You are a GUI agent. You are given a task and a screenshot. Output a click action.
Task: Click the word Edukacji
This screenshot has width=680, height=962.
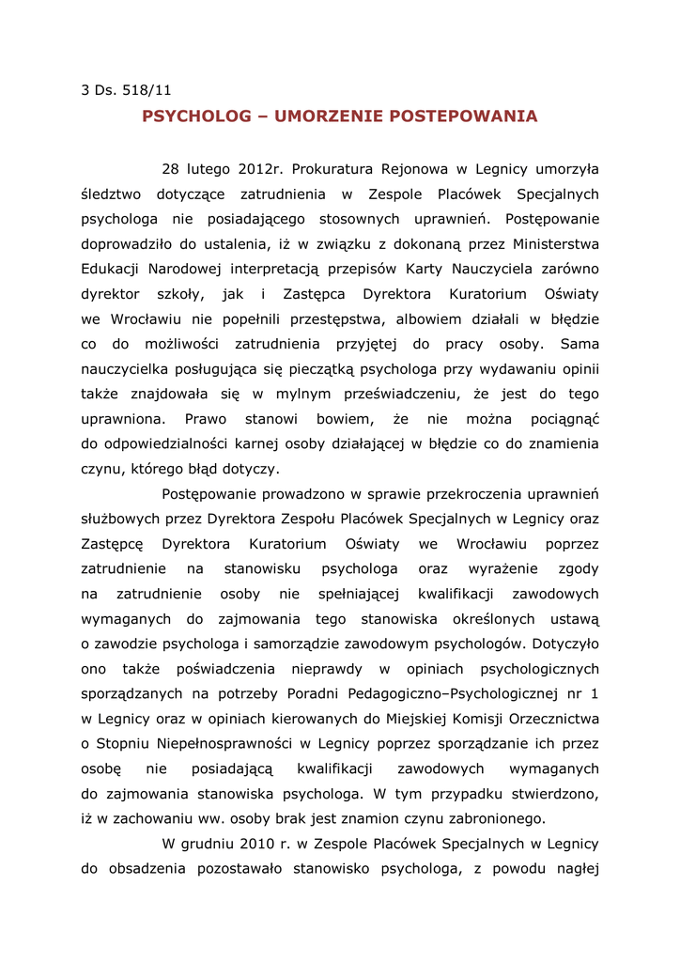tap(113, 270)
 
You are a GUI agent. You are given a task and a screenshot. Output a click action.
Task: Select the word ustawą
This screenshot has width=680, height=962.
tap(576, 618)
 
